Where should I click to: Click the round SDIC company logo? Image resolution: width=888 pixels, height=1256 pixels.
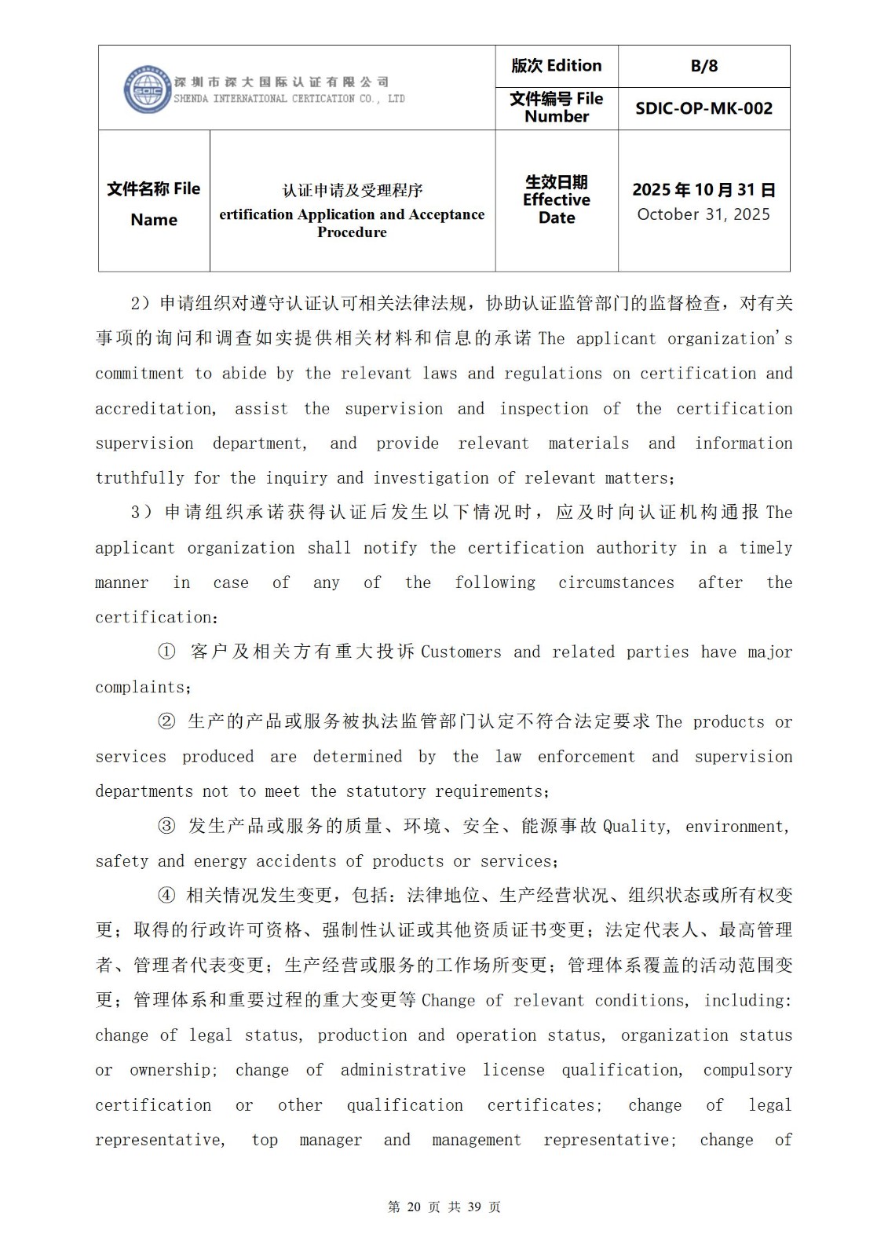click(147, 89)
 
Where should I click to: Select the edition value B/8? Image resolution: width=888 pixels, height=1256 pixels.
click(703, 66)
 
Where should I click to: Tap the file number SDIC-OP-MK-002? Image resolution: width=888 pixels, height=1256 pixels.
click(703, 108)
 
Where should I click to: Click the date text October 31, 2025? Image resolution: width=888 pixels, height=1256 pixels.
click(703, 214)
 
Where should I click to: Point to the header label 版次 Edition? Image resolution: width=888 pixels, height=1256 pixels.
click(556, 66)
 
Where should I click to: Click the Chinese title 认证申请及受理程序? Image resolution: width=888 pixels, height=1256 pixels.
click(353, 190)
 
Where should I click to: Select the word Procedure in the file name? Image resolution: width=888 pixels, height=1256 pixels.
click(352, 232)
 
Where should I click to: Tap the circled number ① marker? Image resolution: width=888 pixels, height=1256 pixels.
click(166, 652)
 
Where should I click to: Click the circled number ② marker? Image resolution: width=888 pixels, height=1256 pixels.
click(166, 721)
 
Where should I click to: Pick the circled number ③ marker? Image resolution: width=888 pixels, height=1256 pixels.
click(166, 826)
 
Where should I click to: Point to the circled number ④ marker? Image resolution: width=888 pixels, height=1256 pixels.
click(166, 896)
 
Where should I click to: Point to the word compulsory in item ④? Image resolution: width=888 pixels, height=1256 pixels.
click(747, 1070)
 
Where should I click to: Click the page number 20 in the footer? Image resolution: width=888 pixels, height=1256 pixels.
click(415, 1207)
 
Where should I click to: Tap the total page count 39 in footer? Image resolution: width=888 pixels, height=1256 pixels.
click(473, 1207)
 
